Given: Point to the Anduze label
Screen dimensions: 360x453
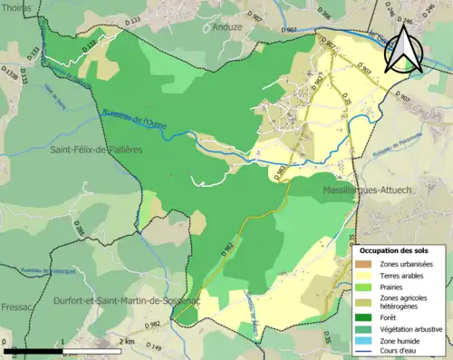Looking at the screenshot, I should click(227, 27).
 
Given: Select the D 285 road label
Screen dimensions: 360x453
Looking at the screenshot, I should click(79, 229).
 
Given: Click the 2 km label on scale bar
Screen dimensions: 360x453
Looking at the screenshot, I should click(127, 341).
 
